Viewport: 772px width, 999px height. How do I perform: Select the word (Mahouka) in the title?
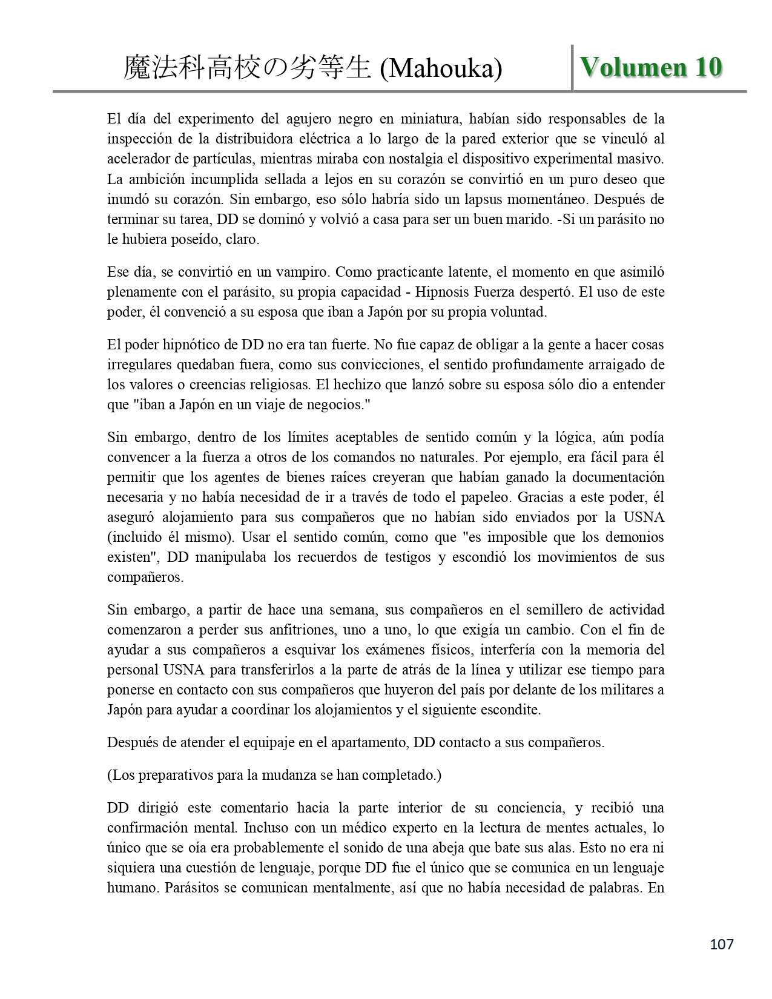pyautogui.click(x=440, y=69)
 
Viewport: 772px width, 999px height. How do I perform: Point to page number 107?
pyautogui.click(x=721, y=944)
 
